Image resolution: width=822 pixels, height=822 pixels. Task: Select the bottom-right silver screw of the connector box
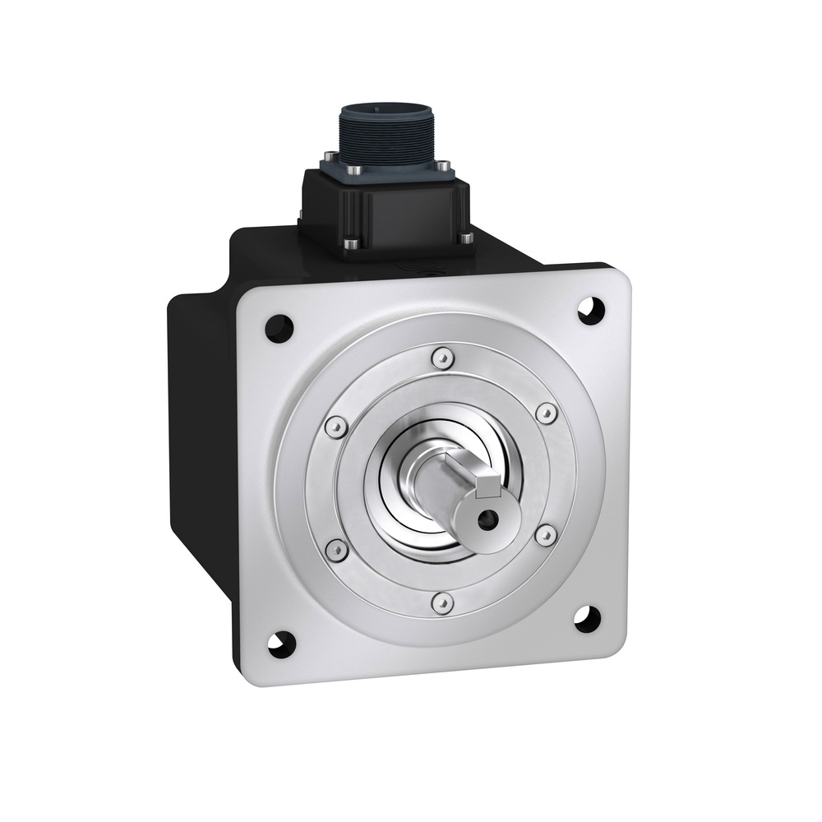coord(465,238)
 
